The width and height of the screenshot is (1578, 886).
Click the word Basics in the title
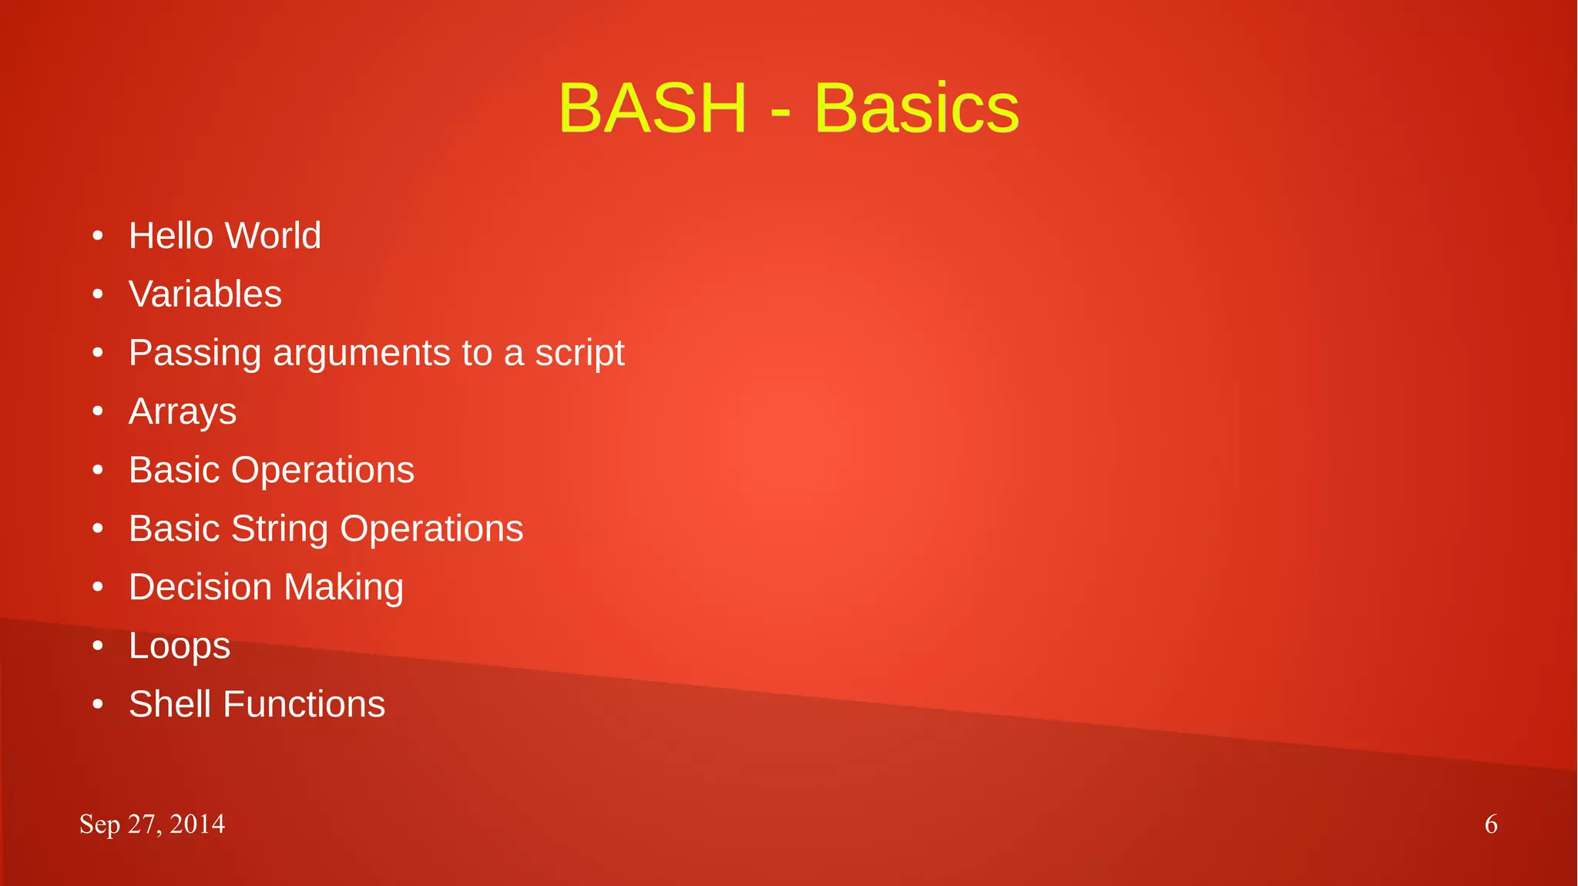tap(916, 109)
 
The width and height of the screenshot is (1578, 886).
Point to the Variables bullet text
tap(205, 294)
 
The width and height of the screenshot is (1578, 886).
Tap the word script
tap(579, 354)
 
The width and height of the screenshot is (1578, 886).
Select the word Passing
tap(195, 354)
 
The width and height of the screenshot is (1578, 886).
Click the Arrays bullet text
tap(183, 412)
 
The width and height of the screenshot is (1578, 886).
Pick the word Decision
tap(200, 587)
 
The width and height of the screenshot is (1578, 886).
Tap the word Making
tap(344, 589)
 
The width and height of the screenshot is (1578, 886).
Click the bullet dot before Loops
tap(98, 646)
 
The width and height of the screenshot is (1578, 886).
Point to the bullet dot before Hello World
tap(98, 236)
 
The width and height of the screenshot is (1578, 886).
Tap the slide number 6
tap(1491, 824)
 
